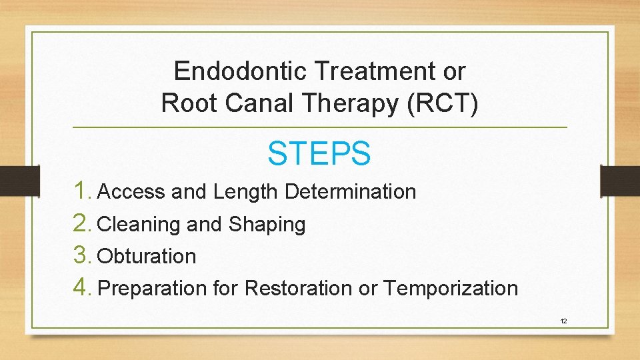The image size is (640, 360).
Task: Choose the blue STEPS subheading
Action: [x=319, y=153]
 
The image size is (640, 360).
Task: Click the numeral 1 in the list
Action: [x=82, y=191]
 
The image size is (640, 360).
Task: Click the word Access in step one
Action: [x=131, y=192]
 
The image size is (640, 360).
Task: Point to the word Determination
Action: [x=350, y=192]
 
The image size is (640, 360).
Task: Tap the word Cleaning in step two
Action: [x=139, y=225]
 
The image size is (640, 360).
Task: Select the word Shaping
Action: [x=267, y=225]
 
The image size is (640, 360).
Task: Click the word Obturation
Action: [x=147, y=257]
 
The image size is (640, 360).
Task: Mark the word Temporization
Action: [x=451, y=289]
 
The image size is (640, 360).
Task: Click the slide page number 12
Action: [x=563, y=321]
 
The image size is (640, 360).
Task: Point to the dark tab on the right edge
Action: [x=619, y=180]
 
